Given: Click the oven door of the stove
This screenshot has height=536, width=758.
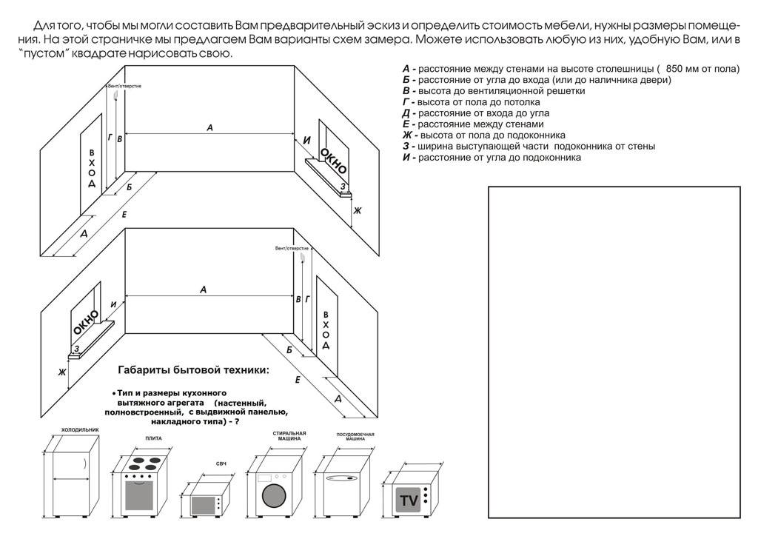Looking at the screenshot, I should coord(141,495).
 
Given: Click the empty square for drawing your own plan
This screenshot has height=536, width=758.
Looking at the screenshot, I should coord(614,353).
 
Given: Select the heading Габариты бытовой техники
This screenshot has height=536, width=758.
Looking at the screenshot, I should coord(194,369).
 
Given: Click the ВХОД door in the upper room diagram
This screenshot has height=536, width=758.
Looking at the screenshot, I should coord(92,163).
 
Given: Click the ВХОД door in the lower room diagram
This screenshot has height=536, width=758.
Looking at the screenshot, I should coord(326,326).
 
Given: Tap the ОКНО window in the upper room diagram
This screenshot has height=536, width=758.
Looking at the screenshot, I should coord(332,158).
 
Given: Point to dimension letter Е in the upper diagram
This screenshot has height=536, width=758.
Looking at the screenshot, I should coord(124,214).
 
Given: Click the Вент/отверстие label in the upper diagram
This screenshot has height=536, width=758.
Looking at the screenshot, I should coord(124,86).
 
